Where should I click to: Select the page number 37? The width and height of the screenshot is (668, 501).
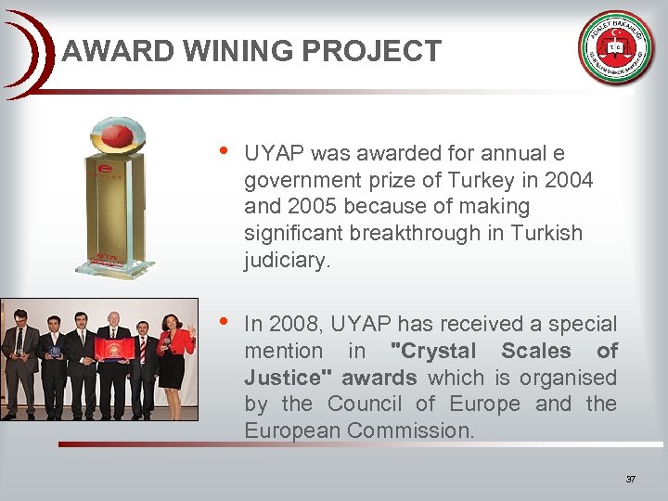point(631,479)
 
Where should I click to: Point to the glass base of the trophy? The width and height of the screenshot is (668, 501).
point(115,269)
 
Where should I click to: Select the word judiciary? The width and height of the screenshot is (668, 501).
point(286,261)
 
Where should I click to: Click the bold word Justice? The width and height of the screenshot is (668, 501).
point(282,378)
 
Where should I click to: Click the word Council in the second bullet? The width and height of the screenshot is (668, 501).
point(364,405)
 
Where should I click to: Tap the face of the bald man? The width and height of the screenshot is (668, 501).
point(113,323)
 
